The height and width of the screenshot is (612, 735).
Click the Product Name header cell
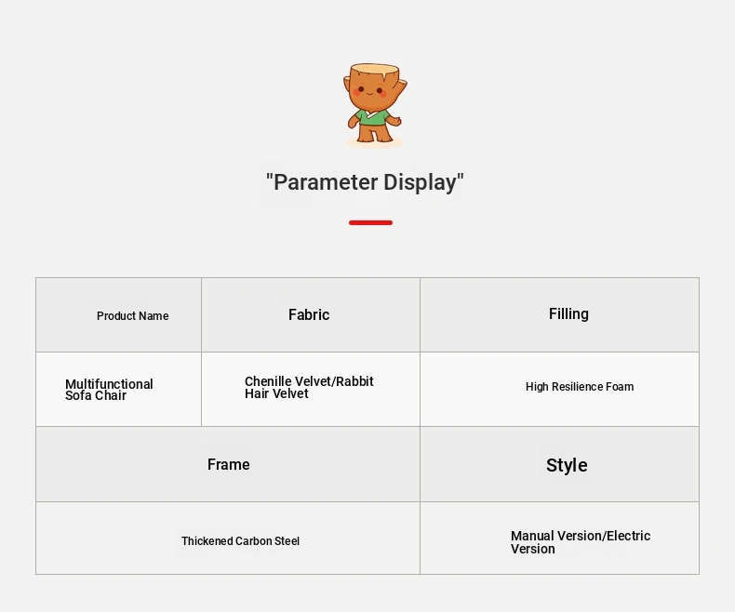click(x=118, y=315)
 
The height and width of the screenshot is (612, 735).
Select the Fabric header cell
click(x=311, y=315)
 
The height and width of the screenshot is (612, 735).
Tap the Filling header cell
click(x=560, y=315)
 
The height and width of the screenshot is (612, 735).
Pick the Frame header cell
click(x=228, y=464)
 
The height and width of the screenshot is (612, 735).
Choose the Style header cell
click(x=560, y=464)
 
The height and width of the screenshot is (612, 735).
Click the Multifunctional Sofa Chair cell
click(x=118, y=390)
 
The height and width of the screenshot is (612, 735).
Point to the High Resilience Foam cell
click(x=560, y=390)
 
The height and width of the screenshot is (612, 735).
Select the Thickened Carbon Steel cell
click(x=228, y=538)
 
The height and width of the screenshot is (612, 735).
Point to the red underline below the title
click(x=370, y=222)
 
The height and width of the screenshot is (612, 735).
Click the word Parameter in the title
click(x=323, y=182)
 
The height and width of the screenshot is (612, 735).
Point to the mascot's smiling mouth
click(x=370, y=93)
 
